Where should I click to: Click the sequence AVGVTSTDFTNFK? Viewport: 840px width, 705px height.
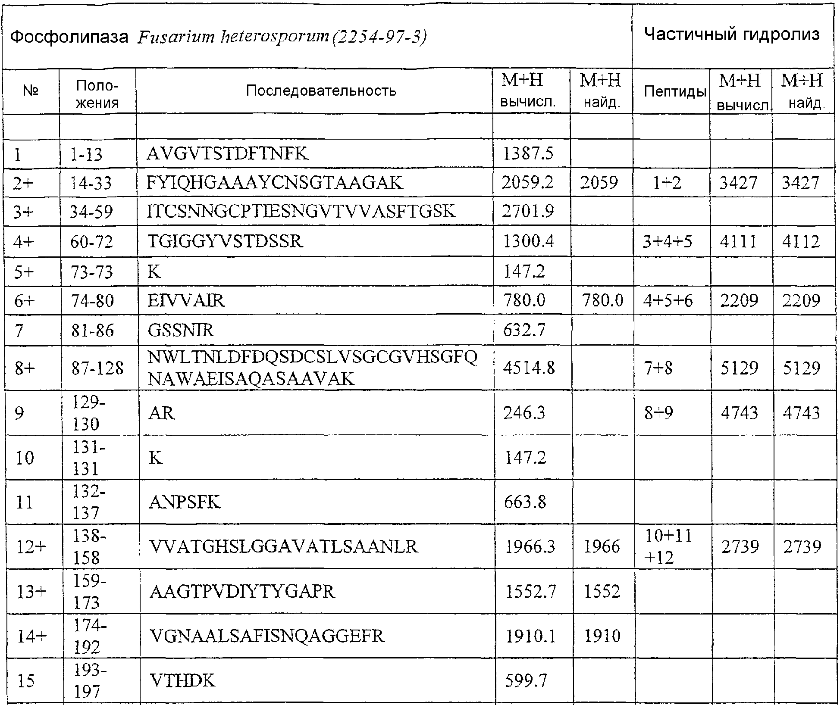coord(227,154)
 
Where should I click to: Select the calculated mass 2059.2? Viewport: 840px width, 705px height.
coord(527,183)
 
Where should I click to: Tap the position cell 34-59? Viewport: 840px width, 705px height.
coord(91,212)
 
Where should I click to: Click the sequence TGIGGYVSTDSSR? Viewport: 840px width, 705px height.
coord(225,241)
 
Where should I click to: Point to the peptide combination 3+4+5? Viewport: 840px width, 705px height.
coord(667,241)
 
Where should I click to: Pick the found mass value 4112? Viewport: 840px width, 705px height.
coord(801,241)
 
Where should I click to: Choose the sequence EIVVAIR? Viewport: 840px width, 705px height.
coord(186,300)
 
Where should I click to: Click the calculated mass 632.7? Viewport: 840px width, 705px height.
coord(524,331)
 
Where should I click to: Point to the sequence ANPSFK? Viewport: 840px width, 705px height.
coord(184,502)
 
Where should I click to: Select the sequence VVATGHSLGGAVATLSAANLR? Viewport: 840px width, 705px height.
coord(283,547)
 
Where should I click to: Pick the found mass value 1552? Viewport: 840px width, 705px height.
coord(602,592)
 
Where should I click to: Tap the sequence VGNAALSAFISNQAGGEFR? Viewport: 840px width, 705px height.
coord(266,636)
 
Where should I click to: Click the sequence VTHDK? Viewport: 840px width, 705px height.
coord(182,681)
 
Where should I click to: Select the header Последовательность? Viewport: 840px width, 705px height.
coord(321,91)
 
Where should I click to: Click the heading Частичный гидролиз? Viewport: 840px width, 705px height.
coord(731,34)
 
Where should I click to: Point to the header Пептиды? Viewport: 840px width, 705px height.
coord(675,91)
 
